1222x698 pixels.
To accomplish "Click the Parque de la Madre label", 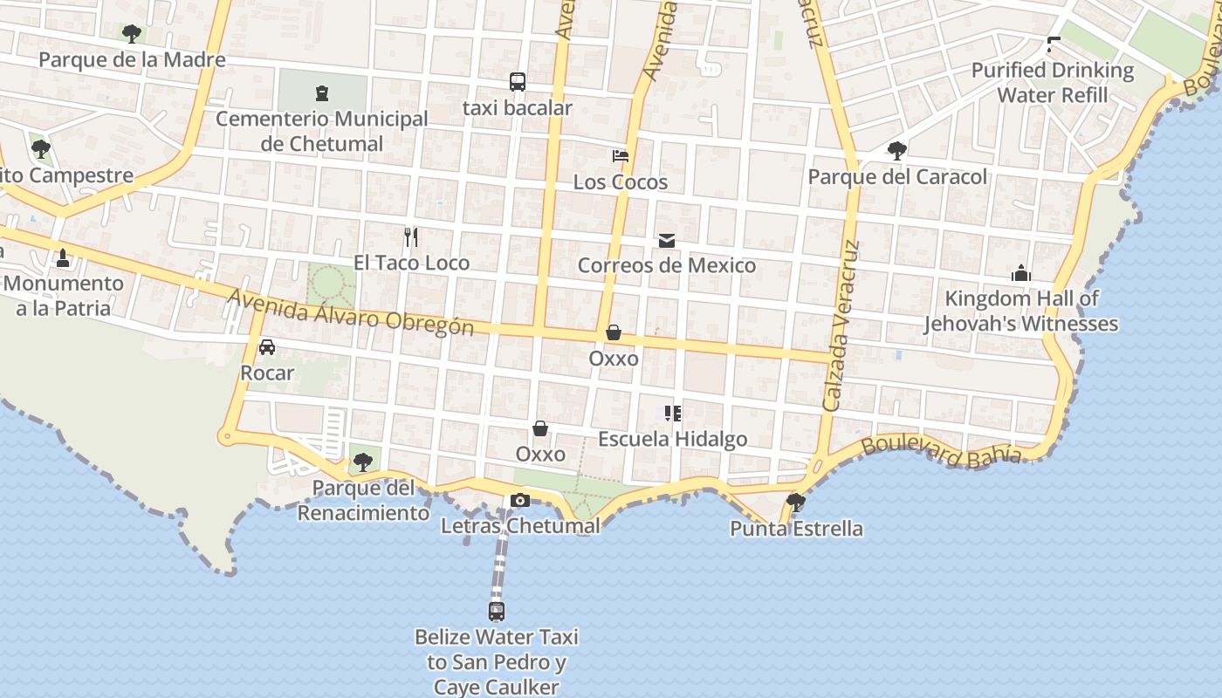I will [x=132, y=60].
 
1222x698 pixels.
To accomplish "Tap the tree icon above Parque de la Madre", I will [x=132, y=34].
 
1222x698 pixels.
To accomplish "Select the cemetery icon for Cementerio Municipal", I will [x=321, y=92].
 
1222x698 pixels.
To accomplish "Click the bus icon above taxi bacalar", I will [x=518, y=82].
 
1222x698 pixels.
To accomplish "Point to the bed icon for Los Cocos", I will [x=621, y=156].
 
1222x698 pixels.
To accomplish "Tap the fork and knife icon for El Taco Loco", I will [x=411, y=236].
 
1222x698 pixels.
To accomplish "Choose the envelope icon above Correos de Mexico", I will [x=667, y=240].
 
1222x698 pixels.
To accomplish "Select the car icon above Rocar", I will [x=267, y=346].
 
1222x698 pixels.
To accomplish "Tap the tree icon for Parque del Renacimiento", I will [x=363, y=462].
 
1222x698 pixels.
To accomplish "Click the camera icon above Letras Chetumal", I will [x=520, y=500].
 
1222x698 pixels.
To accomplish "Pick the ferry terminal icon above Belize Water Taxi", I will [x=497, y=612].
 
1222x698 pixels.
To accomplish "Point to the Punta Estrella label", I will [x=796, y=529].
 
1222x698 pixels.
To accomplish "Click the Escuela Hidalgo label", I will [x=672, y=439].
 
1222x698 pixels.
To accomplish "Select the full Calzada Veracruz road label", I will [x=842, y=325].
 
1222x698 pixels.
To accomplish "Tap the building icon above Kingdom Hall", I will [x=1021, y=274].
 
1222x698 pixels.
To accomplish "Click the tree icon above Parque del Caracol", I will [x=897, y=151].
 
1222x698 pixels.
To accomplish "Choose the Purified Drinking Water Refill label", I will [x=1053, y=82].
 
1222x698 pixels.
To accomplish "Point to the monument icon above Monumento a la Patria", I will [x=63, y=257].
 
